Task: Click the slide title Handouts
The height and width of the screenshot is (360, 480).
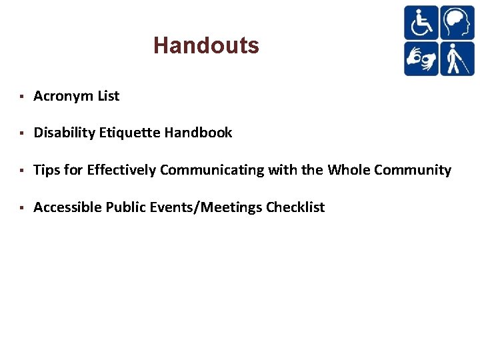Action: tap(206, 45)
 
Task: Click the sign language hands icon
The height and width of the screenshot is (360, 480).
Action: tap(421, 58)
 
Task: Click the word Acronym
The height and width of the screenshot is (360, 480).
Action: tap(63, 96)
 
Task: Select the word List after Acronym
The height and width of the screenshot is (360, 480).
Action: tap(108, 96)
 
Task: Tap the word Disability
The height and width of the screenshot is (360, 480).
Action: tap(64, 133)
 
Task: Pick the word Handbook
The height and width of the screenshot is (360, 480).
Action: tap(199, 133)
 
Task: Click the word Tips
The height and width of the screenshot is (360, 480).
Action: tap(47, 170)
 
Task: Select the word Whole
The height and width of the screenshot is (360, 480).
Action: tap(349, 170)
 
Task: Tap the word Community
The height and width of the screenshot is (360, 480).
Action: tap(413, 170)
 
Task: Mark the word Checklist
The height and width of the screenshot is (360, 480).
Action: tap(295, 207)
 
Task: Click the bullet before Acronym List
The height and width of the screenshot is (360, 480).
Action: tap(22, 97)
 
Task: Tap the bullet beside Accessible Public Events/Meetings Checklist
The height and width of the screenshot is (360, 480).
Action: tap(22, 208)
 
